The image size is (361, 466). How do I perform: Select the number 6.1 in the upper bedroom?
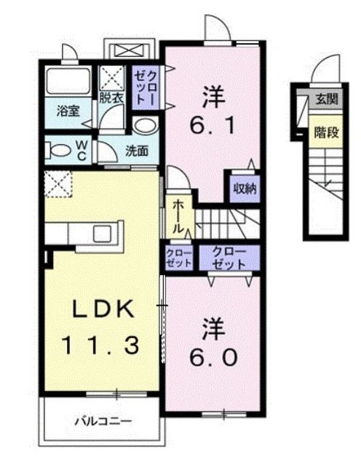click(213, 125)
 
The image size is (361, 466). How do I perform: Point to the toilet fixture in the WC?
click(55, 151)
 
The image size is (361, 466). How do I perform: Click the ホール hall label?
click(177, 217)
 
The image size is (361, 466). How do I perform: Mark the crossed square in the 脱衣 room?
click(112, 76)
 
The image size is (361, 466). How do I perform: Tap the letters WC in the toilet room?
click(82, 151)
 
